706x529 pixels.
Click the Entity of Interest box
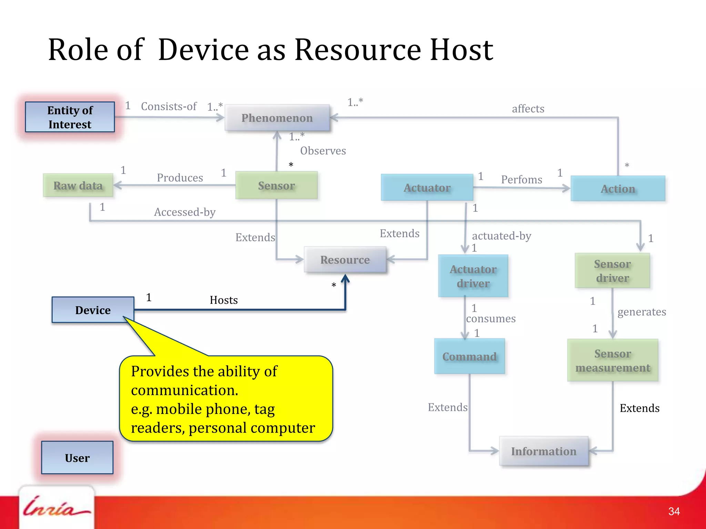point(70,117)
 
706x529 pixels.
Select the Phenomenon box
point(277,118)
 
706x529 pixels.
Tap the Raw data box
point(78,186)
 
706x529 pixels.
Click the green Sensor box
point(276,186)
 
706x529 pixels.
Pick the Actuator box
point(427,188)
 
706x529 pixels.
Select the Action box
point(618,189)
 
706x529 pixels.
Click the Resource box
point(345,260)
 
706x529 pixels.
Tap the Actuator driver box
point(473,276)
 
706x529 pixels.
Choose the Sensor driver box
point(612,271)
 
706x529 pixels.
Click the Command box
point(469,356)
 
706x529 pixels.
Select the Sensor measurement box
point(613,360)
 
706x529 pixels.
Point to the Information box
point(544,451)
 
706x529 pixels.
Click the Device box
point(93,310)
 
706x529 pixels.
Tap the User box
point(77,458)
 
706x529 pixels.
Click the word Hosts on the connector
point(224,300)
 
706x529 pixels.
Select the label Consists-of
point(169,106)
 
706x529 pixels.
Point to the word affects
point(528,109)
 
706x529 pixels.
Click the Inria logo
point(56,508)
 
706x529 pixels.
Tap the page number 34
point(674,511)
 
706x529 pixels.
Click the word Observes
point(323,151)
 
